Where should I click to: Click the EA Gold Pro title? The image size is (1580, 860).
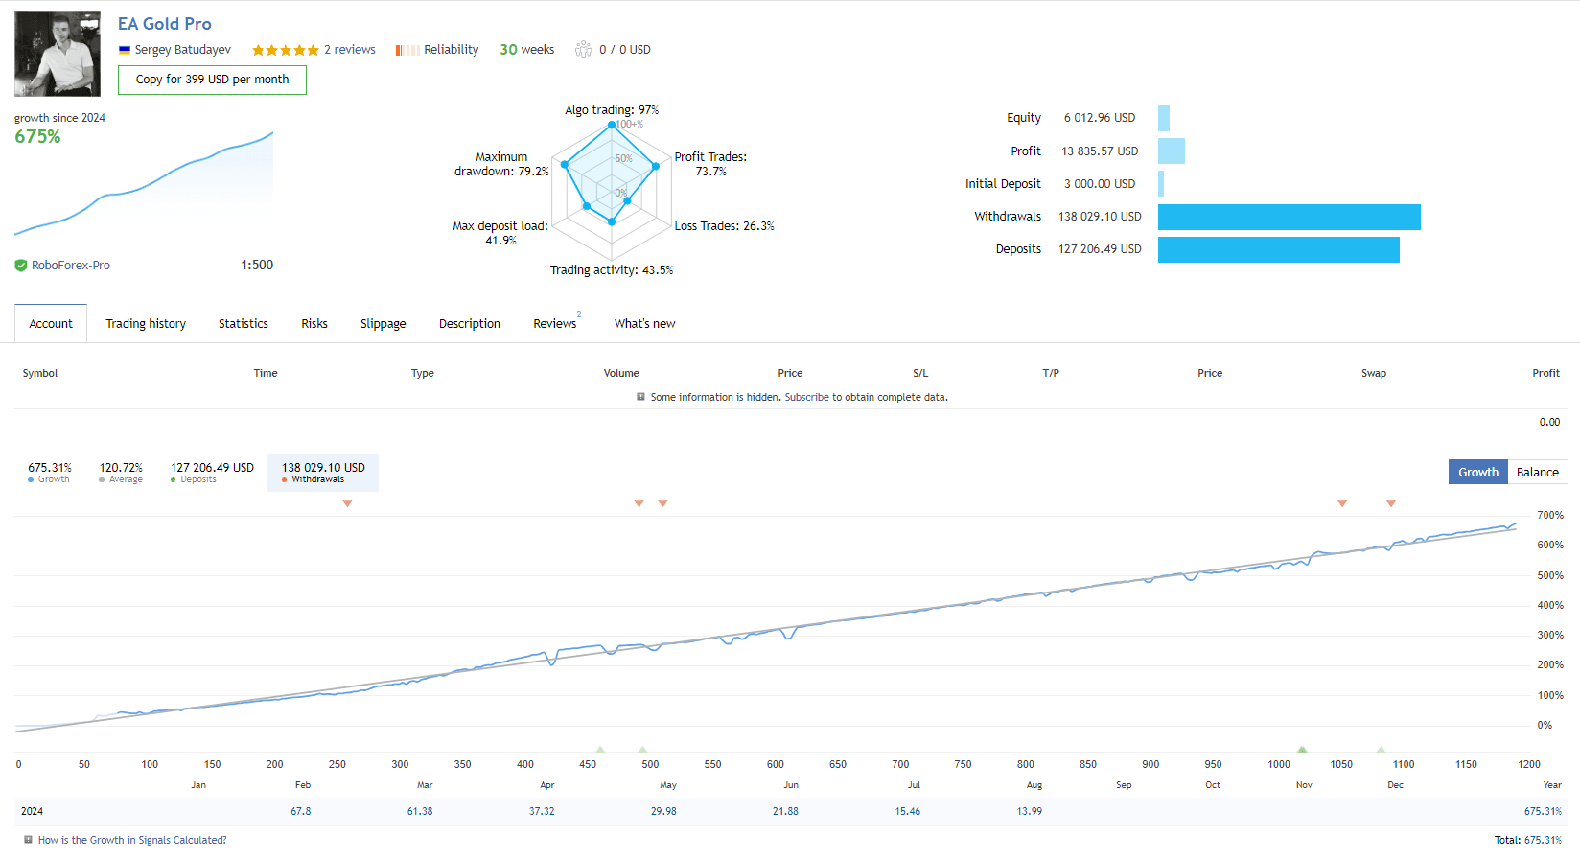164,24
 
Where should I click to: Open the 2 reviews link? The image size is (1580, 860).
349,50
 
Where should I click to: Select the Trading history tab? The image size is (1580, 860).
146,323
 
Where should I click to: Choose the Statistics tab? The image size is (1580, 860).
244,323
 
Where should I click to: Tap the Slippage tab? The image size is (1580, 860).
383,323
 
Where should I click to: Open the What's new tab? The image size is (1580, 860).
644,323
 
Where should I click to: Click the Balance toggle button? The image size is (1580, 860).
1538,472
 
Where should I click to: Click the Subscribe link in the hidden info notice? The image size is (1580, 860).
807,397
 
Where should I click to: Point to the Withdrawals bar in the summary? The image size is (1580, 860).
1290,217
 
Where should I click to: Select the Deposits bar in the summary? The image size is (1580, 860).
1279,249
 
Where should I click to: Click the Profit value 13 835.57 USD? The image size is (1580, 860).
1100,151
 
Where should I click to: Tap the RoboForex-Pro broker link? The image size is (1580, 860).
71,266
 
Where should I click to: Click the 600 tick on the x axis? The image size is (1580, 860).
776,764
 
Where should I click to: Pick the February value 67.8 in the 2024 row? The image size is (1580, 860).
300,811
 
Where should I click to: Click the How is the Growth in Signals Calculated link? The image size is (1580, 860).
132,840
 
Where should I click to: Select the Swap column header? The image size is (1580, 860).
1373,373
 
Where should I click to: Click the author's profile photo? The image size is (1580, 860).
58,54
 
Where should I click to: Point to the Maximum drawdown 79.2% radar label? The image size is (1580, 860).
501,164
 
